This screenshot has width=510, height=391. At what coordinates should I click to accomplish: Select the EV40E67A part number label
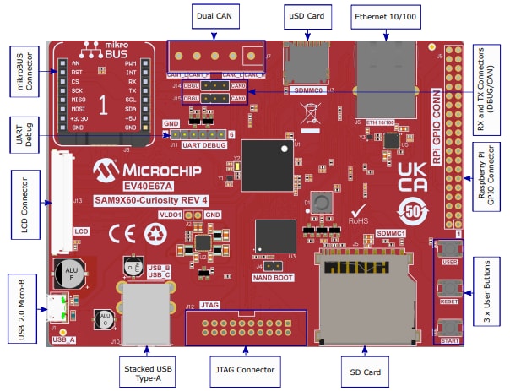pos(147,185)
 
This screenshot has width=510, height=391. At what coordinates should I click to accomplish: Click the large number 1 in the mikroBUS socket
pos(102,105)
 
